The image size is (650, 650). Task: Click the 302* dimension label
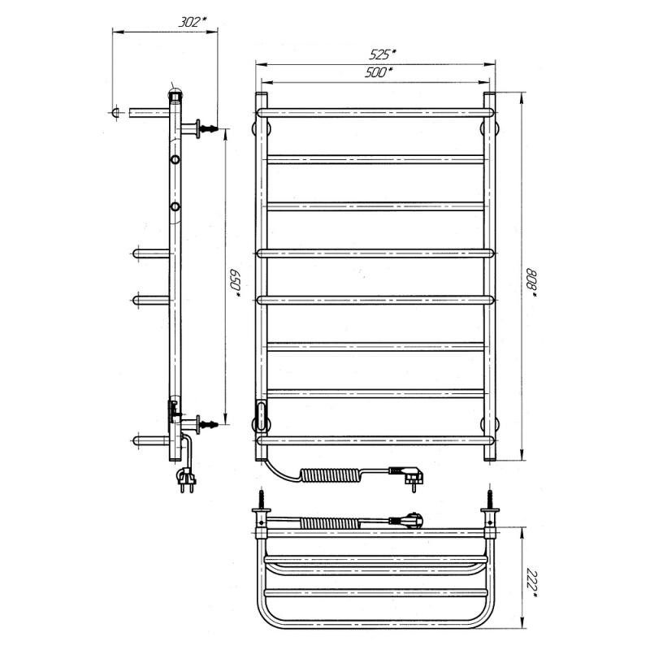click(192, 22)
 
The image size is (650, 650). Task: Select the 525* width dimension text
click(382, 54)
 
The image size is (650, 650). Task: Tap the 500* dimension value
click(379, 72)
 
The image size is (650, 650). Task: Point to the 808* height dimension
click(531, 283)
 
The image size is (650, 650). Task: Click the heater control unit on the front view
click(262, 415)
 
